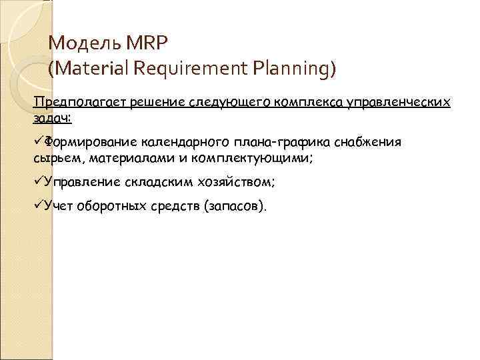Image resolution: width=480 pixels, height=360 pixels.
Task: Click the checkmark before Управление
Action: [37, 182]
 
